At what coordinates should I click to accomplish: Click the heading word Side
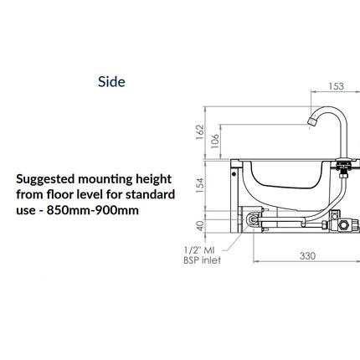pos(111,81)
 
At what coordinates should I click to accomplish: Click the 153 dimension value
pos(336,86)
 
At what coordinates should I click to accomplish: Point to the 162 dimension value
pos(200,132)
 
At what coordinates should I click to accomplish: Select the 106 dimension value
pos(215,141)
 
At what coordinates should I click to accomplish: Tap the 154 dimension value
pos(200,186)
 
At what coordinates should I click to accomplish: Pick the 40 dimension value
pos(200,226)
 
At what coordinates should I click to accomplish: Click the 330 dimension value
pos(307,255)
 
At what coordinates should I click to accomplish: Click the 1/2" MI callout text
pos(199,249)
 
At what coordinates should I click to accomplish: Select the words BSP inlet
pos(202,260)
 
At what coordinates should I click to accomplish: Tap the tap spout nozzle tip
pos(311,121)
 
